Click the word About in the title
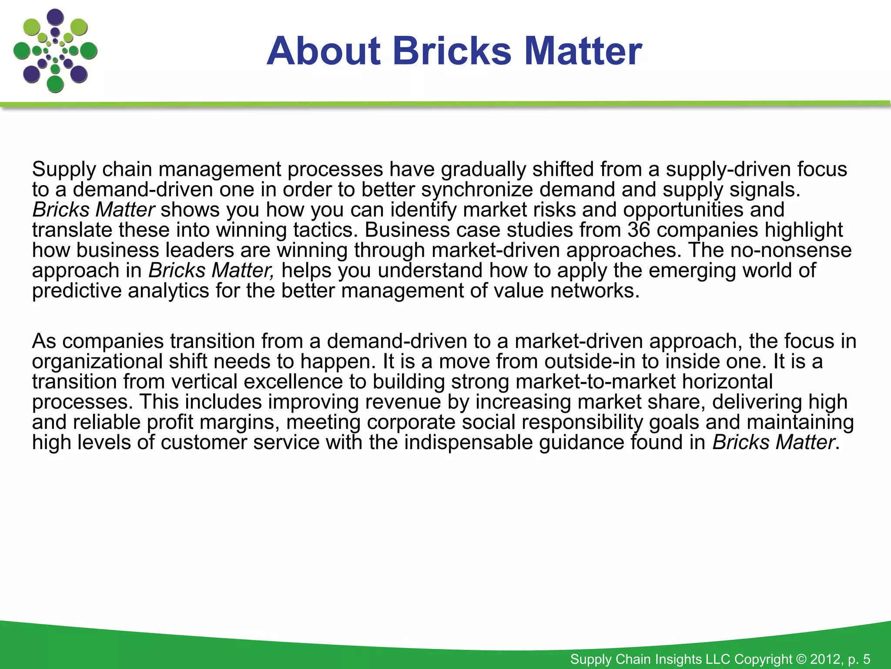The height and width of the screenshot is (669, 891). point(324,51)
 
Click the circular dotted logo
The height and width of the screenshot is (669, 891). point(55,51)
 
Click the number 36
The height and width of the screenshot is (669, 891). point(639,230)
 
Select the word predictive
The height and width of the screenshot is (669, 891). point(77,291)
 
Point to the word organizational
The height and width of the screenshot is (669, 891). point(97,362)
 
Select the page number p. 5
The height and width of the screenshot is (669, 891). point(859,659)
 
